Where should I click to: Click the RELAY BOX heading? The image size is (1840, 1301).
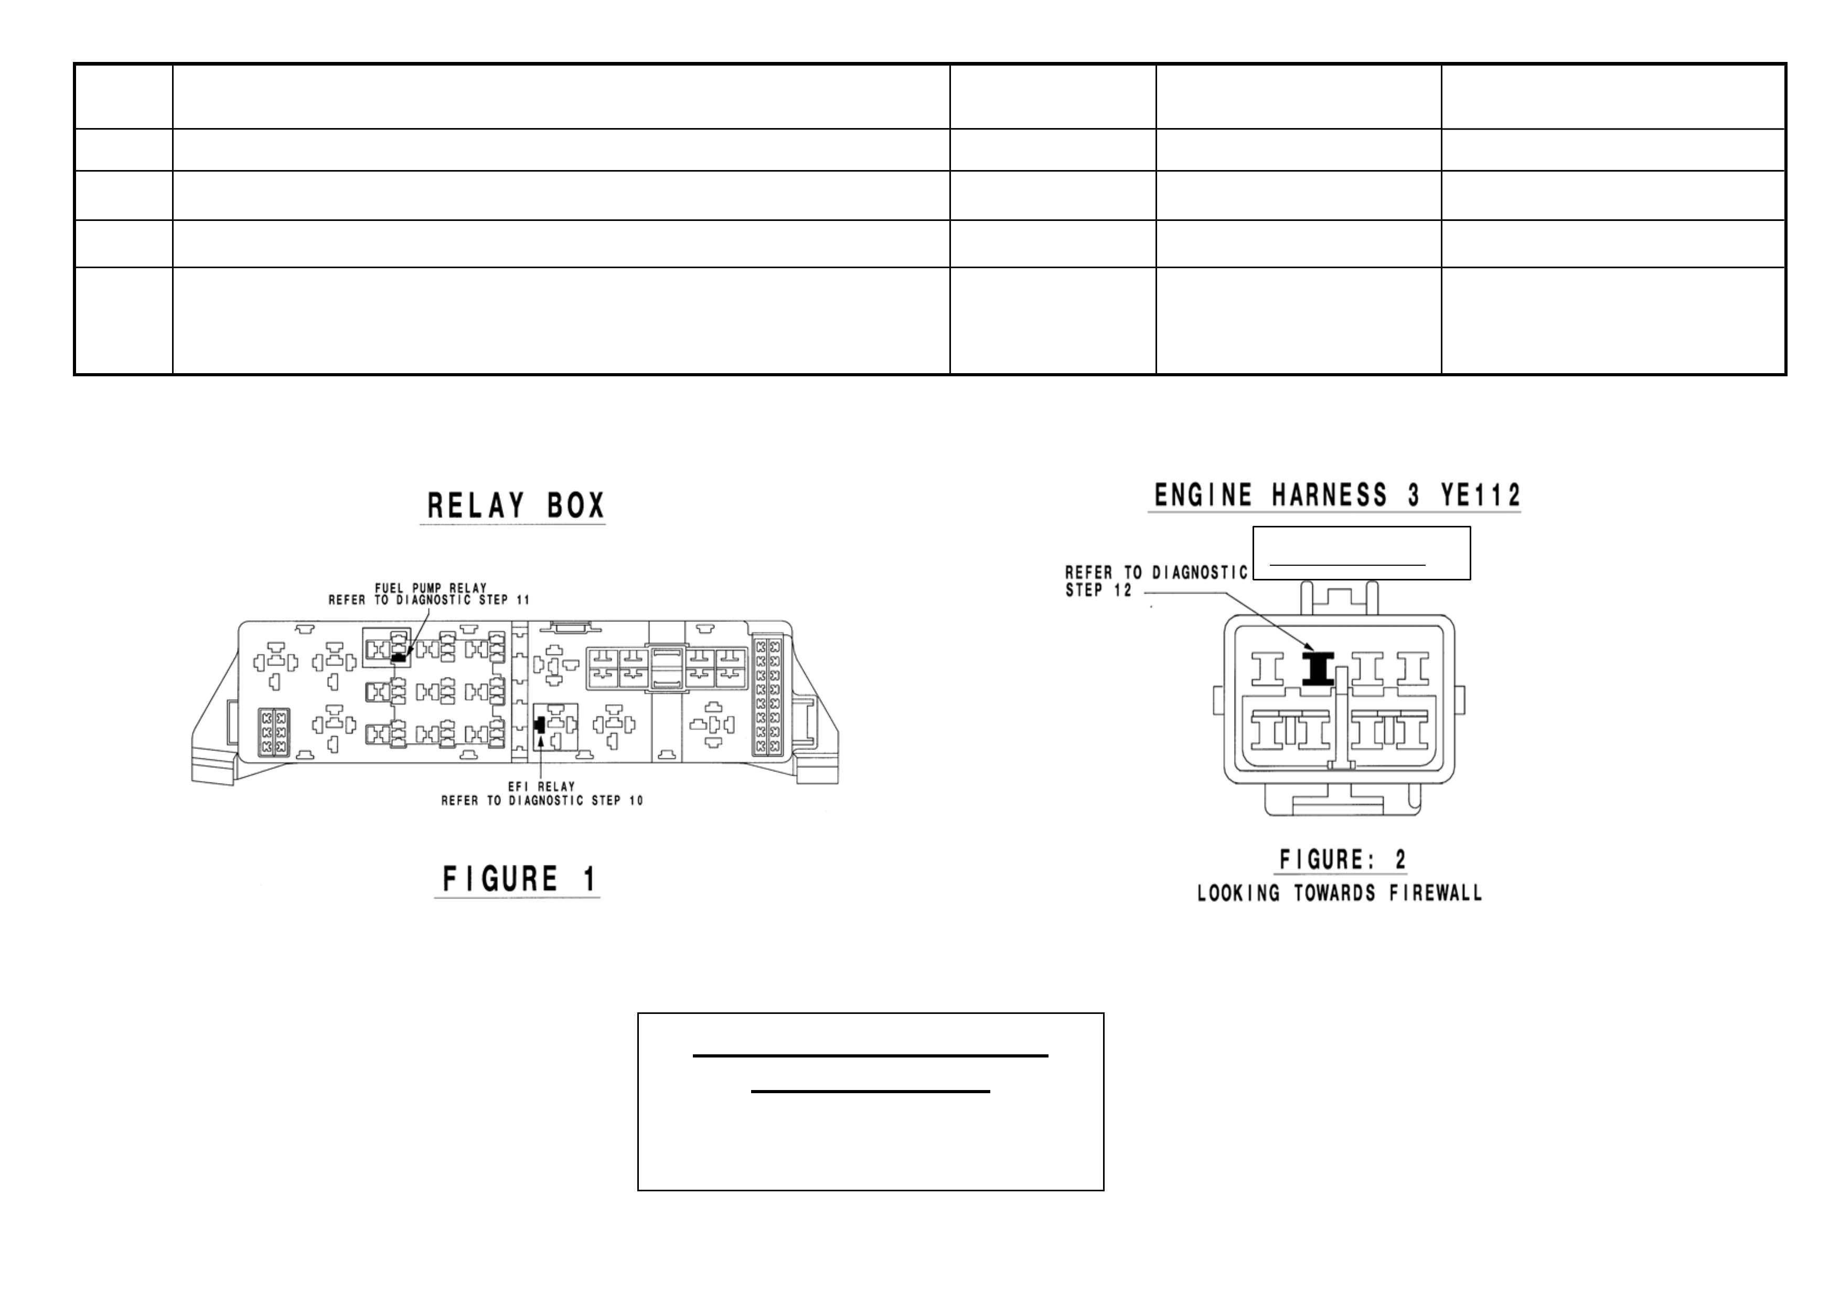[516, 506]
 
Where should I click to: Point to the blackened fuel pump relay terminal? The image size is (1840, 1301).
[398, 657]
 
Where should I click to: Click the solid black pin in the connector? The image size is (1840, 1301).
[1317, 668]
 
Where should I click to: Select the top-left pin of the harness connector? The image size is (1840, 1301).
[1267, 668]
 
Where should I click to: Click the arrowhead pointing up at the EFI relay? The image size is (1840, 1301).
[542, 739]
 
